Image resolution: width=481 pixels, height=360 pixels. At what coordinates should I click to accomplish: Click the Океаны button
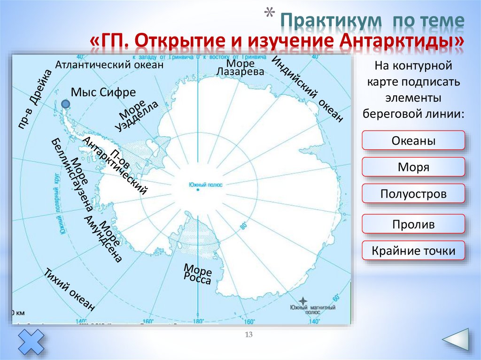(413, 141)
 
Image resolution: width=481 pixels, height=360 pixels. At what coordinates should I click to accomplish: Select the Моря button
(413, 167)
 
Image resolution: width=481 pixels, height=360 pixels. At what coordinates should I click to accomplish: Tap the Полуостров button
(413, 193)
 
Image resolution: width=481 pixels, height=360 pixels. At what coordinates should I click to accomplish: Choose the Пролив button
(413, 224)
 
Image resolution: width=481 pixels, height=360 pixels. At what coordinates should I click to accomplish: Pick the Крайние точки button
(413, 251)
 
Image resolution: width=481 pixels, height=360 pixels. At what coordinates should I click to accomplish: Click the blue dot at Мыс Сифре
(66, 104)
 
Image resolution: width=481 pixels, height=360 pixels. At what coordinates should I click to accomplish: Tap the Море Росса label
(197, 274)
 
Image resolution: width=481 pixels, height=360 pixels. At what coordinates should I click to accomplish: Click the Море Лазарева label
(240, 67)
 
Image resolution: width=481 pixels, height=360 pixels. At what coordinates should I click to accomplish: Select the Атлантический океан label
(109, 65)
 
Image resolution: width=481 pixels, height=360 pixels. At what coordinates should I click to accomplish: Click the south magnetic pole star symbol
(304, 300)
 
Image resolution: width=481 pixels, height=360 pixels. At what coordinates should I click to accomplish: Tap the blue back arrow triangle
(455, 342)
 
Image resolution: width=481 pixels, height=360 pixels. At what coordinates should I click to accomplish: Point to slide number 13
(249, 334)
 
